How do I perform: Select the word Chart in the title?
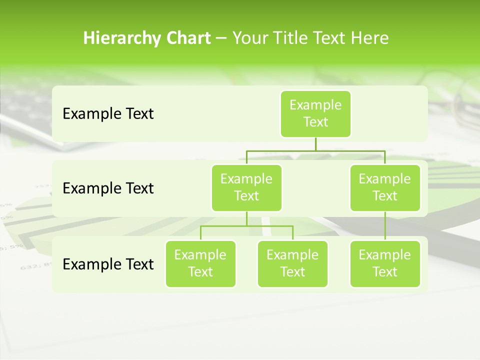187,38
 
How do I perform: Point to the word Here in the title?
369,38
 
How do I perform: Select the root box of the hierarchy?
315,114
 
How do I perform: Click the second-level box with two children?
246,187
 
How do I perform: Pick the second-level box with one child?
385,187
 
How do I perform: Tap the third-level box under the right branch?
385,263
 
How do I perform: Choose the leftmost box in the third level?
200,263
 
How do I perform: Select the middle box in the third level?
292,263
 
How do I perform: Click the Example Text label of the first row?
108,114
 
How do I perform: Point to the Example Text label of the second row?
108,188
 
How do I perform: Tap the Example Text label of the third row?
108,264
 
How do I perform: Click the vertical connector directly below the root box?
315,144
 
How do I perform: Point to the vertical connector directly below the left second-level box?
246,218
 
